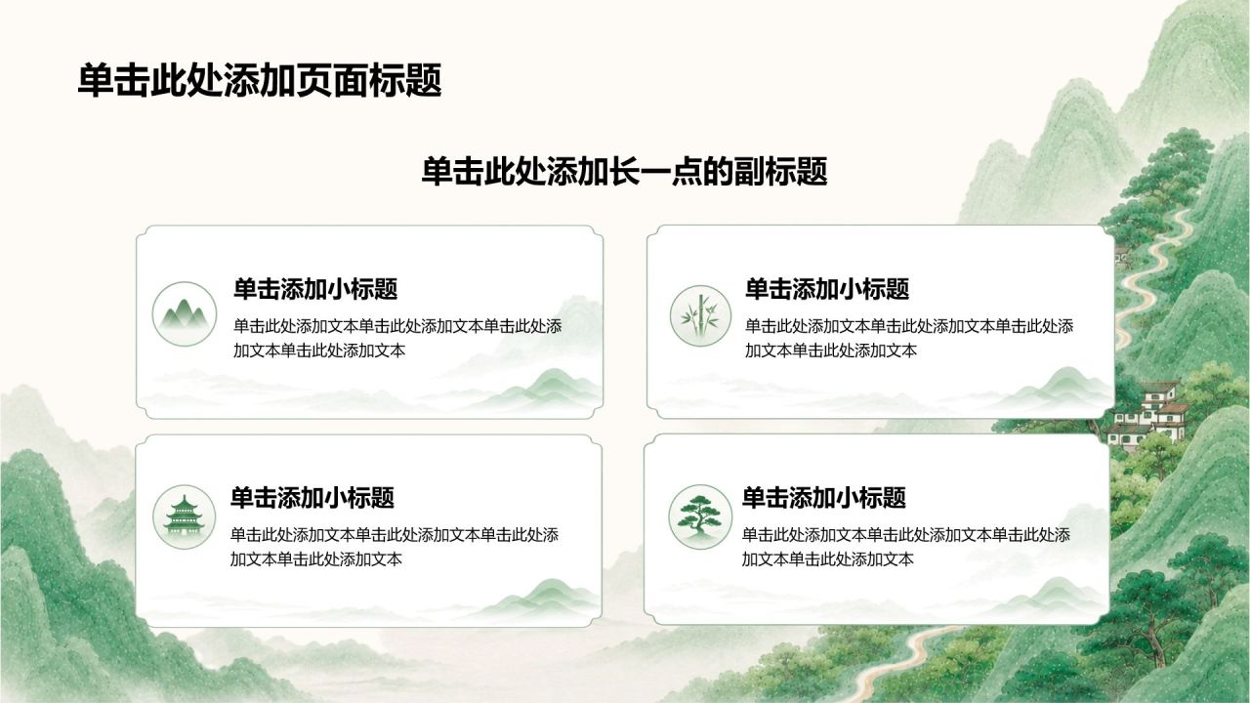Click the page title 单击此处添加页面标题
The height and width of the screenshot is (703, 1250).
[x=260, y=81]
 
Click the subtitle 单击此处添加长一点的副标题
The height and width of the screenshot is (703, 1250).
[x=624, y=171]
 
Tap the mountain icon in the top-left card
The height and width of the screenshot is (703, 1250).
[x=185, y=313]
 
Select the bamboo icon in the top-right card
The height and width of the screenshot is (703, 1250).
[x=700, y=315]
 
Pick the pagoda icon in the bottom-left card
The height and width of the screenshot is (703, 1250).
[x=184, y=517]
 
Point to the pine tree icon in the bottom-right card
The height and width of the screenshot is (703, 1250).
[x=700, y=517]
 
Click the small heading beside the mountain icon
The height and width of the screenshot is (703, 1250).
[x=315, y=289]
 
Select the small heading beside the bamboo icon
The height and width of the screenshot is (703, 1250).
[x=827, y=289]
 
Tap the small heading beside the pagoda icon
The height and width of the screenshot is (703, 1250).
[x=312, y=498]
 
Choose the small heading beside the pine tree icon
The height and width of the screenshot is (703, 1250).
[x=823, y=498]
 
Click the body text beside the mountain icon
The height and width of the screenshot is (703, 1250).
[x=397, y=338]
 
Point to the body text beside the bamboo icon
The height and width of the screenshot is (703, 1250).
[x=909, y=338]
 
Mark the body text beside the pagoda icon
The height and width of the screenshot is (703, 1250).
[x=394, y=547]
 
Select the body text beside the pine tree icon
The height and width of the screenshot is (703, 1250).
[x=905, y=547]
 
